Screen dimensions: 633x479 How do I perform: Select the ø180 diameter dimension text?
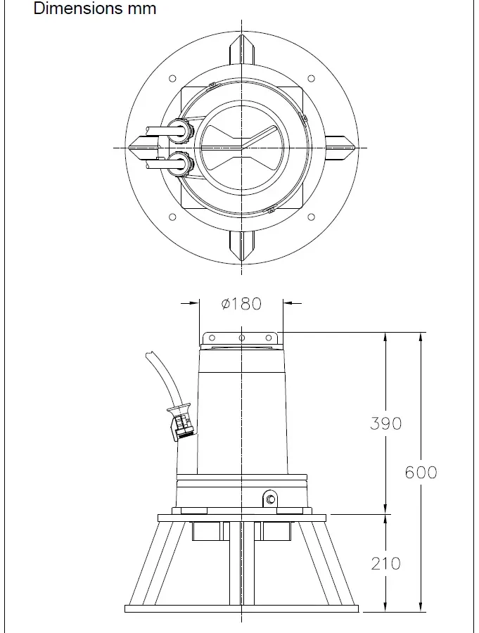tap(241, 304)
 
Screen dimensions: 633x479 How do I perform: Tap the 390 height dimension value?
tap(386, 423)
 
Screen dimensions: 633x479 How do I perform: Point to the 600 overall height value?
tap(421, 472)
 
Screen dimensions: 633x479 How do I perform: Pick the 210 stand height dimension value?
tap(386, 563)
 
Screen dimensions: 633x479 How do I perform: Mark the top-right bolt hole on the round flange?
tap(311, 79)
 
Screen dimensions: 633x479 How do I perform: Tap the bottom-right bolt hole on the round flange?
tap(311, 217)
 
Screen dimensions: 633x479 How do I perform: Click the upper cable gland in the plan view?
tap(181, 131)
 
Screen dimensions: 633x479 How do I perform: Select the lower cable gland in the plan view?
tap(181, 165)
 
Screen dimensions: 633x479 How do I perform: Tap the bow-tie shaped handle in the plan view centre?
tap(241, 148)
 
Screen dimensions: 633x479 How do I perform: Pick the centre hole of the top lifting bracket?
tap(241, 338)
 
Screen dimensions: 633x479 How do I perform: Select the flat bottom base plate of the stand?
tap(241, 608)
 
